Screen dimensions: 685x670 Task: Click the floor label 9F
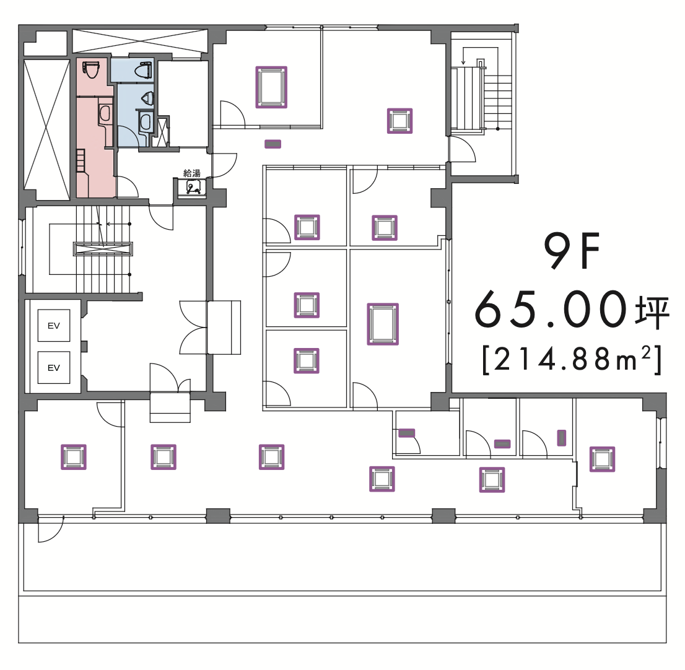(572, 251)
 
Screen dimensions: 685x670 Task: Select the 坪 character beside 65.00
(652, 313)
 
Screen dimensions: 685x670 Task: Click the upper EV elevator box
(54, 325)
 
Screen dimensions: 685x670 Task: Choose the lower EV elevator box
(54, 368)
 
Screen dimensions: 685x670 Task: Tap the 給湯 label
(192, 173)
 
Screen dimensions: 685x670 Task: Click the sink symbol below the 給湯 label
(193, 187)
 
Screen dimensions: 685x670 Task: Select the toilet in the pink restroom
(91, 69)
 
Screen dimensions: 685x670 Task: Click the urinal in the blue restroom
(147, 98)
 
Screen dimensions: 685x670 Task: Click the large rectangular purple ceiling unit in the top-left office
(271, 87)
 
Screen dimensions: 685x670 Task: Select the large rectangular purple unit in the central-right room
(383, 324)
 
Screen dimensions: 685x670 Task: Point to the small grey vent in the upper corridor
(273, 144)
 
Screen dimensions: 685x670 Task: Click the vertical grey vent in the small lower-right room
(561, 438)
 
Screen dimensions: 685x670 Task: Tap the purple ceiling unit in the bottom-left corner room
(73, 457)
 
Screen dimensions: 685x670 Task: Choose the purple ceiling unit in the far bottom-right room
(602, 459)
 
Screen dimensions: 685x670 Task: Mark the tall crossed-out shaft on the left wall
(46, 129)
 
